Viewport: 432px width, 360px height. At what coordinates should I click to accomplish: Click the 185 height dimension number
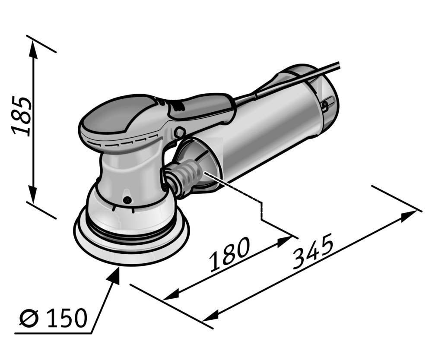(21, 116)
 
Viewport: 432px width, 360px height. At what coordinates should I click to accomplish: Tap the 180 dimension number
(229, 254)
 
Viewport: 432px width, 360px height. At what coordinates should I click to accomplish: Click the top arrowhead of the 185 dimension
(33, 50)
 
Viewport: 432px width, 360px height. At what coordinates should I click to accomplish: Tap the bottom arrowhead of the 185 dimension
(33, 194)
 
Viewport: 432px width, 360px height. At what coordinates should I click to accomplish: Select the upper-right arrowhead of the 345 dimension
(409, 215)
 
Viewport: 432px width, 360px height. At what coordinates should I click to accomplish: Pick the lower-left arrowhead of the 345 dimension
(211, 315)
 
